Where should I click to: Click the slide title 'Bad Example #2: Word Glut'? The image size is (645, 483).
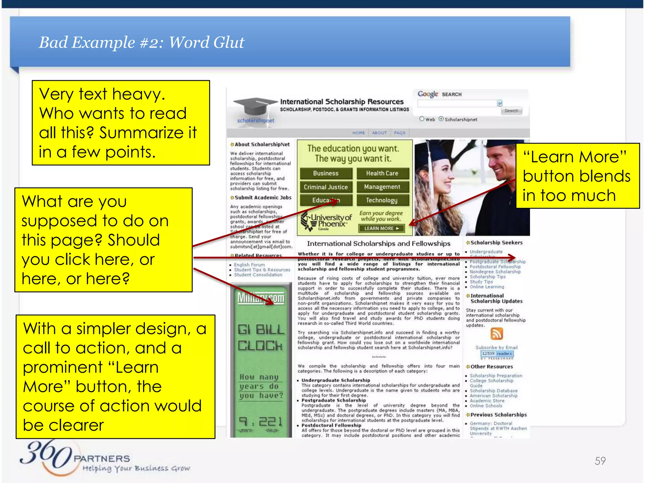141,42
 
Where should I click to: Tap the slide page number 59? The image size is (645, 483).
600,461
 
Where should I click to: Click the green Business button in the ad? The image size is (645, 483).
326,173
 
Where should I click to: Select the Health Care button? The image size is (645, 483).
382,173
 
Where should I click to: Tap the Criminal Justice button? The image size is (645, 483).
326,187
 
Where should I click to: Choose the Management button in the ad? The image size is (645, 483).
382,187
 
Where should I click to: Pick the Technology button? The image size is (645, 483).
382,200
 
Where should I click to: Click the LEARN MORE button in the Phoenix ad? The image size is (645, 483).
381,229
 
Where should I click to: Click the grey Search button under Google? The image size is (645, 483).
511,111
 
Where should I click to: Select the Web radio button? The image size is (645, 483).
422,119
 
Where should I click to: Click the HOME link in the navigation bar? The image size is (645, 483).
359,133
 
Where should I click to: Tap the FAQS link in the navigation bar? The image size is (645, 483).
400,133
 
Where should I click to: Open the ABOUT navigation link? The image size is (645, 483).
379,133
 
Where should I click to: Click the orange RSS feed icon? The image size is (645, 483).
497,334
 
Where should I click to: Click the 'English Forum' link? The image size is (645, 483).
249,265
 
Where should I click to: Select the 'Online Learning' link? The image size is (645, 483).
487,287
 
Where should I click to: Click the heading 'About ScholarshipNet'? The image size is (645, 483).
262,145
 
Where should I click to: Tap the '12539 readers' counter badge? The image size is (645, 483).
497,354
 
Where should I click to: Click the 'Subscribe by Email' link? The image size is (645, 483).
496,347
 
